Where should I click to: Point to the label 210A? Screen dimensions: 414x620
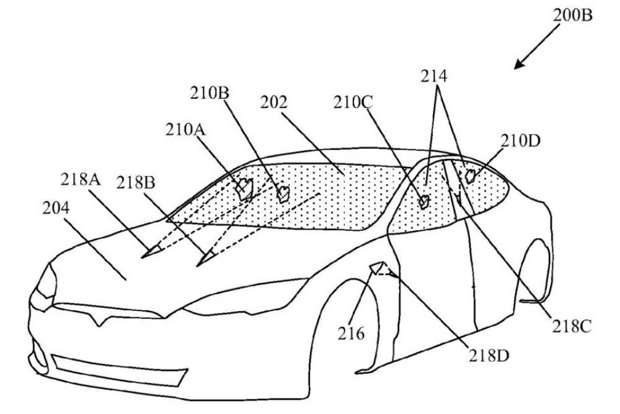pos(186,130)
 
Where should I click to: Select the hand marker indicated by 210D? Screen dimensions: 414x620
pos(471,176)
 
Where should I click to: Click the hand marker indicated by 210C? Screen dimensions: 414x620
pos(425,200)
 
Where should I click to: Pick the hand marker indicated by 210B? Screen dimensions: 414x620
pos(283,194)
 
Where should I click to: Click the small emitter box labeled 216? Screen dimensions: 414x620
pos(376,268)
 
